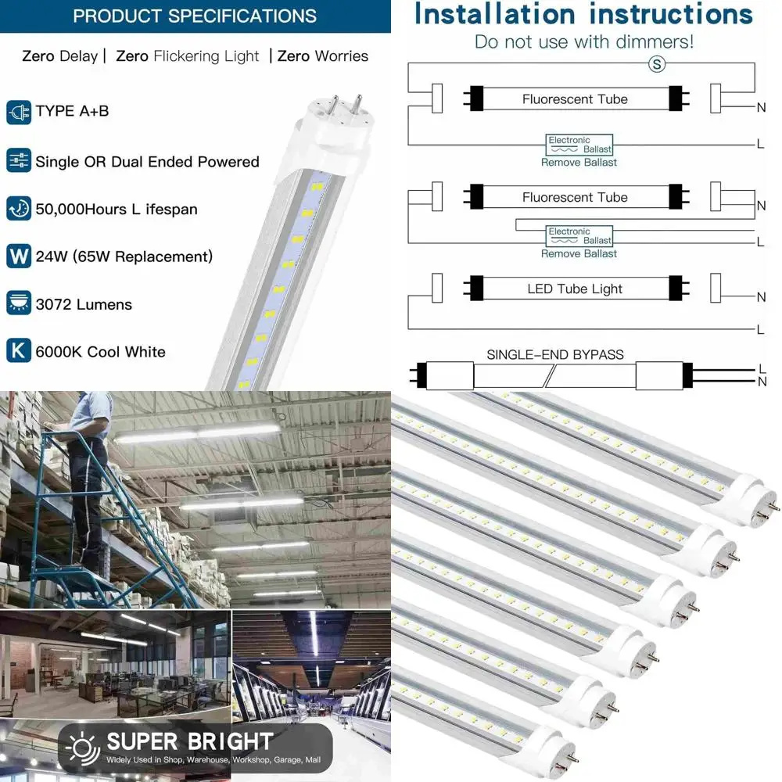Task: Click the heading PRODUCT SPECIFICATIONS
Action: point(195,16)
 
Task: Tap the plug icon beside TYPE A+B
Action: point(19,112)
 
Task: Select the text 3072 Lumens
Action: point(84,304)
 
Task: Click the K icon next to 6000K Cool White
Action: point(19,351)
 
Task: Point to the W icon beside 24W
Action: point(19,256)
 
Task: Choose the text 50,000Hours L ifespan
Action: point(117,209)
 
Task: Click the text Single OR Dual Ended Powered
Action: point(147,162)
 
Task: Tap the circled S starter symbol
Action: point(657,65)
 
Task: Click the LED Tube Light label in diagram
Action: point(575,289)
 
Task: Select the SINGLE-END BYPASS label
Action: point(555,354)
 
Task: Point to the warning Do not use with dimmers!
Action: point(584,41)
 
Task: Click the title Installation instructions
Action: point(583,14)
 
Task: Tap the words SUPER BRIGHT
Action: point(190,741)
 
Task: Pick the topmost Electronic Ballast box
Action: point(579,145)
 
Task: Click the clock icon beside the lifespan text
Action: point(19,209)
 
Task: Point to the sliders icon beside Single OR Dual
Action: point(19,161)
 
